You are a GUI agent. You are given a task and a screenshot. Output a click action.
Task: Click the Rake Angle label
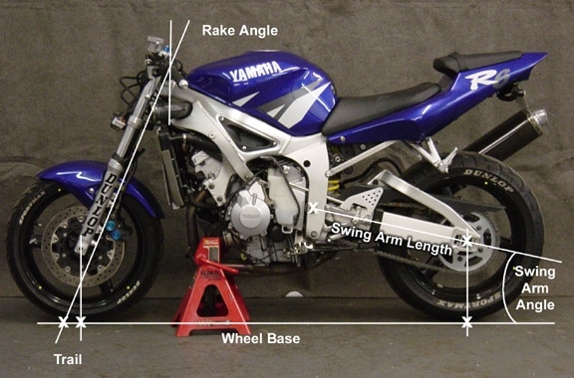[240, 31]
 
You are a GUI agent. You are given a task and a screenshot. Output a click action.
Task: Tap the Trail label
[68, 359]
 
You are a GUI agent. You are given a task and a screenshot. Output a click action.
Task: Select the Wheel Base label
[261, 338]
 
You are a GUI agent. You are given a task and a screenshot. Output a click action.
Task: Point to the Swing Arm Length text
[392, 239]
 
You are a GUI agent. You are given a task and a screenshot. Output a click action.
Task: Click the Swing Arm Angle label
[535, 288]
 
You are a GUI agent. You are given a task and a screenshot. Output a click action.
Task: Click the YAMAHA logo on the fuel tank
[255, 72]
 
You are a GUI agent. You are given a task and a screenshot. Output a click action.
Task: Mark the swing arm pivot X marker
[313, 208]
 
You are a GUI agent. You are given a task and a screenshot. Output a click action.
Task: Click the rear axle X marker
[466, 241]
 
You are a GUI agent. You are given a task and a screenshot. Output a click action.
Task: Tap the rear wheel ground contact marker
[466, 323]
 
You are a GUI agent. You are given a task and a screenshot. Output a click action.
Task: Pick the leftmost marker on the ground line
[63, 323]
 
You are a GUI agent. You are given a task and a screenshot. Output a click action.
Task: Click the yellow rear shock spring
[333, 186]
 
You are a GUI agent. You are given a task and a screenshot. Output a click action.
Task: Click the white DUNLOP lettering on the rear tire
[489, 180]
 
